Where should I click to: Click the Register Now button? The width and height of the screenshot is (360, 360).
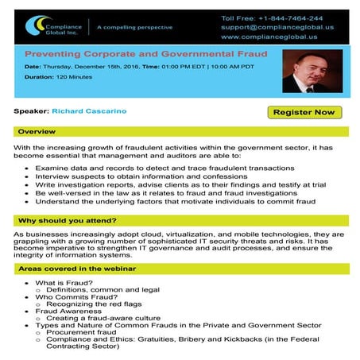[304, 112]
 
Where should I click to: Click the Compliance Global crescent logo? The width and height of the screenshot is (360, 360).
[35, 27]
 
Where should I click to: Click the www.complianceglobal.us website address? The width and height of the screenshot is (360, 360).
[267, 37]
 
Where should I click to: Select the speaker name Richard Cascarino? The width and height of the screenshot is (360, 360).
[87, 112]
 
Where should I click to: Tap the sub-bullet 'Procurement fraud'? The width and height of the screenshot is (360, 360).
[80, 333]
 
